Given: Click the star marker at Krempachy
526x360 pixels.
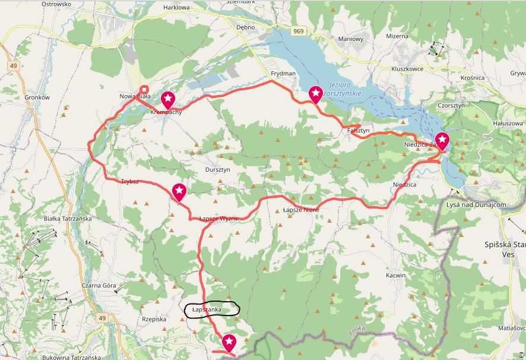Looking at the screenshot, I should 169,99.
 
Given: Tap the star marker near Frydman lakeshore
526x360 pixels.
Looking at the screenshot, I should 315,94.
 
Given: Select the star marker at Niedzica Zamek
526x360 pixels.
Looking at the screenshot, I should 442,141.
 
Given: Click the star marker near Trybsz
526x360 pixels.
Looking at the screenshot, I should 179,191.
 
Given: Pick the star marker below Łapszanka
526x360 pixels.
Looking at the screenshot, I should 229,342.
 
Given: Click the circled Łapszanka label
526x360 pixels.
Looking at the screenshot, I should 211,310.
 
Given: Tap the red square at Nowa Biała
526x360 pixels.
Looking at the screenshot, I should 144,91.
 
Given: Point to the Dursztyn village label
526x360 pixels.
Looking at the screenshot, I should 217,169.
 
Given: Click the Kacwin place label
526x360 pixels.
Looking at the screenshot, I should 395,275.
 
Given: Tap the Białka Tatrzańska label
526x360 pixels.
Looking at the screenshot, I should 68,218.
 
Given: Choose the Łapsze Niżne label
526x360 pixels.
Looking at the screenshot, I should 300,210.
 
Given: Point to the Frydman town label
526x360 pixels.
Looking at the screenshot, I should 283,73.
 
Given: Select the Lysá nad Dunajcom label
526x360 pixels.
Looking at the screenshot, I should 476,204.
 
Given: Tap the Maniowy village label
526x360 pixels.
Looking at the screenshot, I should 350,39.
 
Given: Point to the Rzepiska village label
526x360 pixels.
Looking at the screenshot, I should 154,319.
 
